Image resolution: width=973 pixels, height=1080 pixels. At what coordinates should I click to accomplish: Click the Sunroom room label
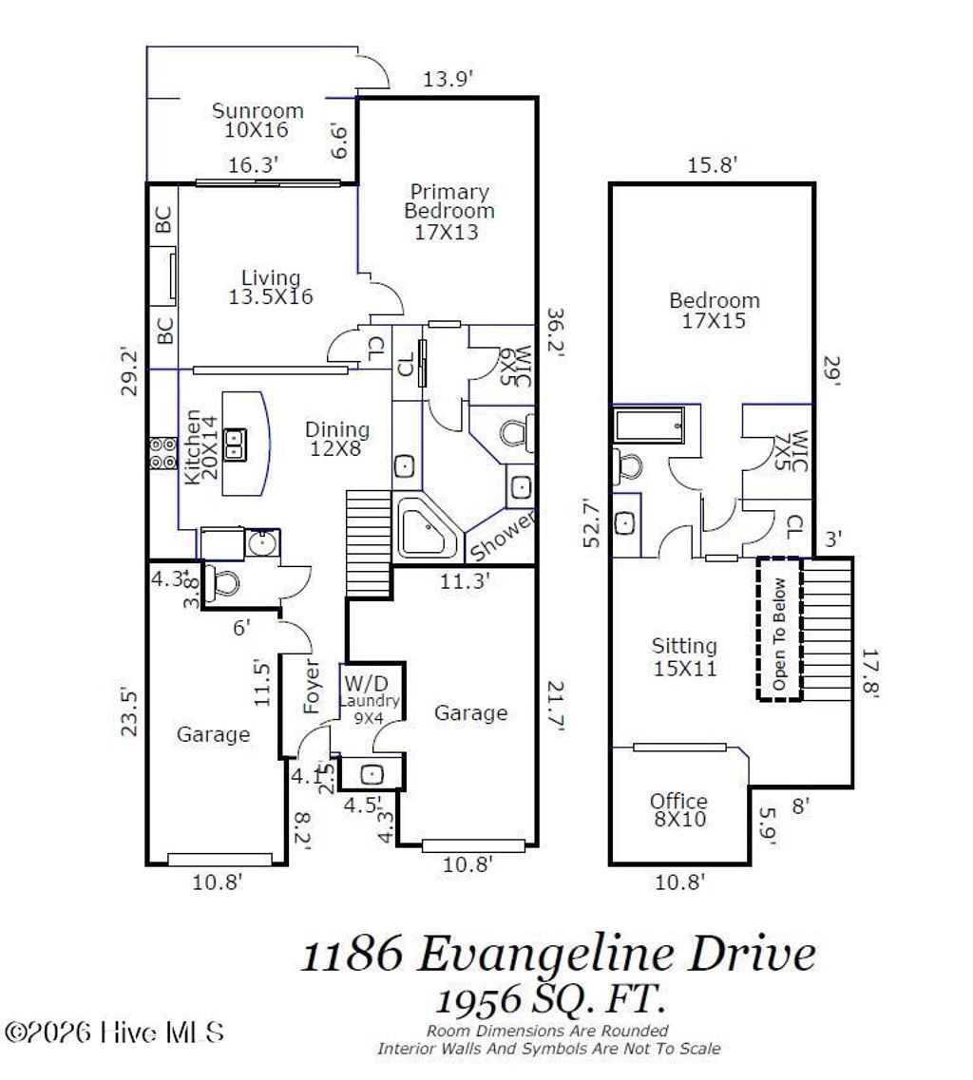tap(258, 121)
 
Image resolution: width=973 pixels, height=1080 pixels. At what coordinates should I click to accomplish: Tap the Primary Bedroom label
tap(449, 211)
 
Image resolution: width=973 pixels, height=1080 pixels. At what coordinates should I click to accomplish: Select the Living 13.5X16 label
tap(271, 287)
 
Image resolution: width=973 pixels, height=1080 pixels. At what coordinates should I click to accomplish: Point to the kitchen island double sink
tap(236, 445)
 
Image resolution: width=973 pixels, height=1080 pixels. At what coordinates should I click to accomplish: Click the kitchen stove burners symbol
tap(162, 452)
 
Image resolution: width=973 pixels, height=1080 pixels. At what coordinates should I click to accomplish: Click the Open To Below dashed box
tap(779, 629)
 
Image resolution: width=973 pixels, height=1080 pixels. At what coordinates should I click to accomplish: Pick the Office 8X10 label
tap(678, 810)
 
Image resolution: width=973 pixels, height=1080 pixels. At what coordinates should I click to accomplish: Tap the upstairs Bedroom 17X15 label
tap(714, 311)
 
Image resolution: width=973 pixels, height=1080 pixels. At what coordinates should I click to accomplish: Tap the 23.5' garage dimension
tap(130, 711)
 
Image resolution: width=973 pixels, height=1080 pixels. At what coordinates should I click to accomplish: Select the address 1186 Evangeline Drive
tap(558, 955)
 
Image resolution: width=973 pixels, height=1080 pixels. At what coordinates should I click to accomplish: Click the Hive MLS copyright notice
tap(115, 1033)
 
